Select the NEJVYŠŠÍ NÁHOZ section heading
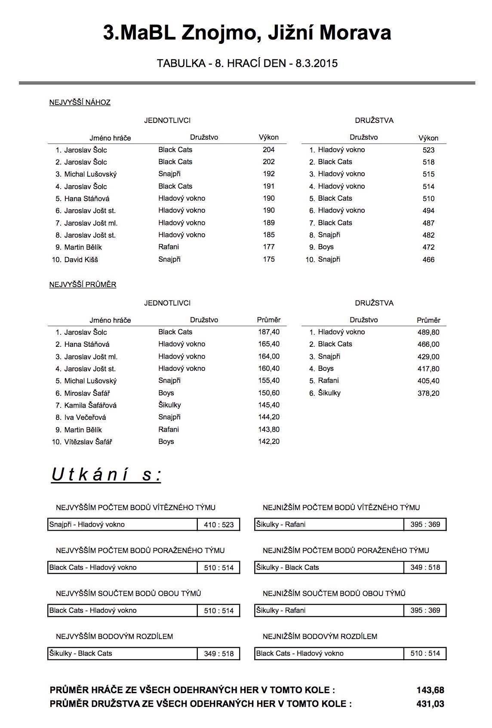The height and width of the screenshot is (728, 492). [x=80, y=102]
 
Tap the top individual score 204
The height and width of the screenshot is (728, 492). [x=269, y=150]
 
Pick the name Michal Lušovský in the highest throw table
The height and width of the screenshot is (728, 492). [x=90, y=174]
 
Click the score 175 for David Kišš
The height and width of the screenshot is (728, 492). [x=269, y=259]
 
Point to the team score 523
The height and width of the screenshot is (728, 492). [x=428, y=150]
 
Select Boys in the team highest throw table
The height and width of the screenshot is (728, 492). [x=326, y=247]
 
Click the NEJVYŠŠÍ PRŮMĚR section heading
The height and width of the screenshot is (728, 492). [x=83, y=284]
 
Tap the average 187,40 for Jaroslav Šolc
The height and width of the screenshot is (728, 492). [x=269, y=332]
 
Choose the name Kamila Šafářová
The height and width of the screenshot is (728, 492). [x=90, y=405]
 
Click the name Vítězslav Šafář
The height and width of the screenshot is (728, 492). [x=88, y=442]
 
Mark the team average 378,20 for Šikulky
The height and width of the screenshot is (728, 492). [x=428, y=393]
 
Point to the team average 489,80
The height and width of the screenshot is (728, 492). [x=428, y=332]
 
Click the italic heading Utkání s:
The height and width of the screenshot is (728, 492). [x=106, y=474]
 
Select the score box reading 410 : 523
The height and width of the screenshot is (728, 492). [x=219, y=525]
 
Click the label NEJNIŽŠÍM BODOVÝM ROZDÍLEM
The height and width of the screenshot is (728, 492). [x=320, y=636]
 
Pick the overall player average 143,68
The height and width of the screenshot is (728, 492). [x=430, y=690]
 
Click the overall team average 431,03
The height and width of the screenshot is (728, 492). [x=430, y=704]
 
